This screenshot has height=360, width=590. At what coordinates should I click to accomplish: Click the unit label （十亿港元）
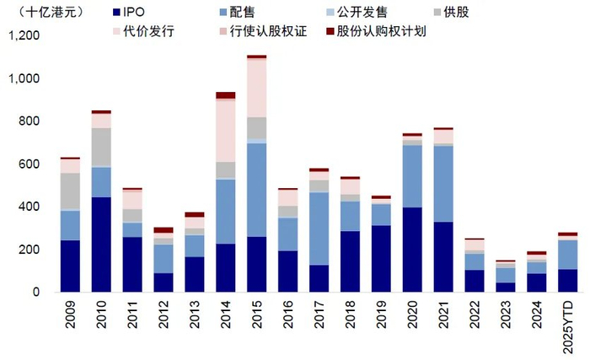[42, 15]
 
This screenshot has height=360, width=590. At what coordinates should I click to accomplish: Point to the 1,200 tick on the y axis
[24, 36]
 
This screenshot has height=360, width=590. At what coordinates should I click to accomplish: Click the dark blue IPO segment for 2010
[101, 244]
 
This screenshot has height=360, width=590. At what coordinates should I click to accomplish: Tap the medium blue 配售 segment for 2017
[318, 228]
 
